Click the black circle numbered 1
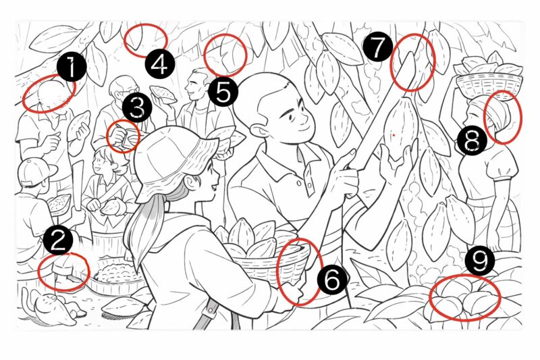click(x=72, y=67)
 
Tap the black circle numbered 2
click(x=58, y=240)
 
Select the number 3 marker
click(x=137, y=108)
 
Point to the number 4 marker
click(x=159, y=64)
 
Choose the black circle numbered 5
click(x=223, y=92)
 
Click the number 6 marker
click(x=332, y=280)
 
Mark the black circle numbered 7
click(x=377, y=47)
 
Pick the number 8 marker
click(x=472, y=141)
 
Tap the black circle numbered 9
click(x=480, y=261)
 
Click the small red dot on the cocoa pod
click(x=394, y=135)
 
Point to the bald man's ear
click(x=259, y=133)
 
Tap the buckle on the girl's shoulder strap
click(x=209, y=311)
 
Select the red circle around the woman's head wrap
click(x=503, y=117)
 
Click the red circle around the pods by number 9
click(x=465, y=298)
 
